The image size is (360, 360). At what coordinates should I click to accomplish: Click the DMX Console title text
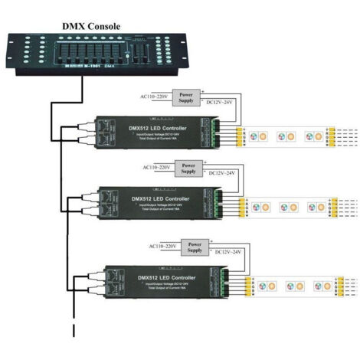(91, 26)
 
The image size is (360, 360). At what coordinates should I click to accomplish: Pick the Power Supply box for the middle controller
(188, 167)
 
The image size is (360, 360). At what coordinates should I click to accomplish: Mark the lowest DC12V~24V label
(229, 252)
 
